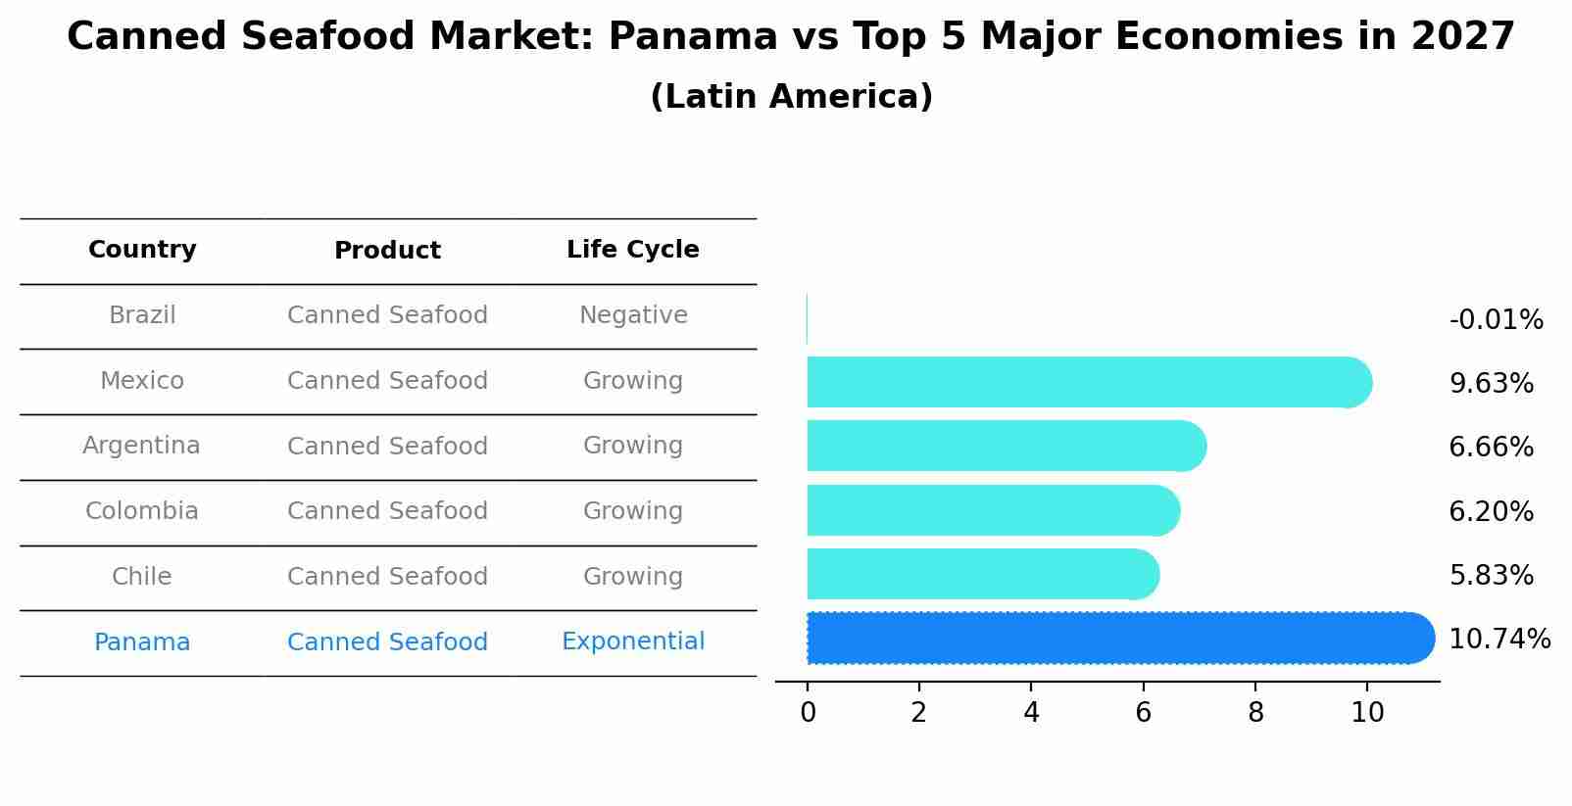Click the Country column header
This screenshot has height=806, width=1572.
[142, 250]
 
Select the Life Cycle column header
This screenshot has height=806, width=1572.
[632, 250]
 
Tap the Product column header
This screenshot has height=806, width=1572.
[387, 251]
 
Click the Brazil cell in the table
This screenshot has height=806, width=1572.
[142, 315]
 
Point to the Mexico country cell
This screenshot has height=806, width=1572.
[142, 381]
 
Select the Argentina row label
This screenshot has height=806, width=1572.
[141, 446]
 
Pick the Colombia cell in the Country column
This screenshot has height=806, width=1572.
[142, 511]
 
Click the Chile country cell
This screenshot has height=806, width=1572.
[142, 577]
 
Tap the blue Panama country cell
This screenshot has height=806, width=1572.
[142, 642]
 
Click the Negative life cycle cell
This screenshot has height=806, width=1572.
[633, 315]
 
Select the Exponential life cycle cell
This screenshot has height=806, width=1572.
[633, 641]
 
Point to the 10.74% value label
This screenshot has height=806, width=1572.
[1499, 640]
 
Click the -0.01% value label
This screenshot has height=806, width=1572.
[1496, 320]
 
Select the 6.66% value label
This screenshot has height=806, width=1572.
[1491, 448]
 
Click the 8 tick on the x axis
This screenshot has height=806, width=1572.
[1255, 713]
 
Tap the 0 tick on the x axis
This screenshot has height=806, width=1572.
[808, 713]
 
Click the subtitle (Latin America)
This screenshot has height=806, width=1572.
[791, 97]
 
